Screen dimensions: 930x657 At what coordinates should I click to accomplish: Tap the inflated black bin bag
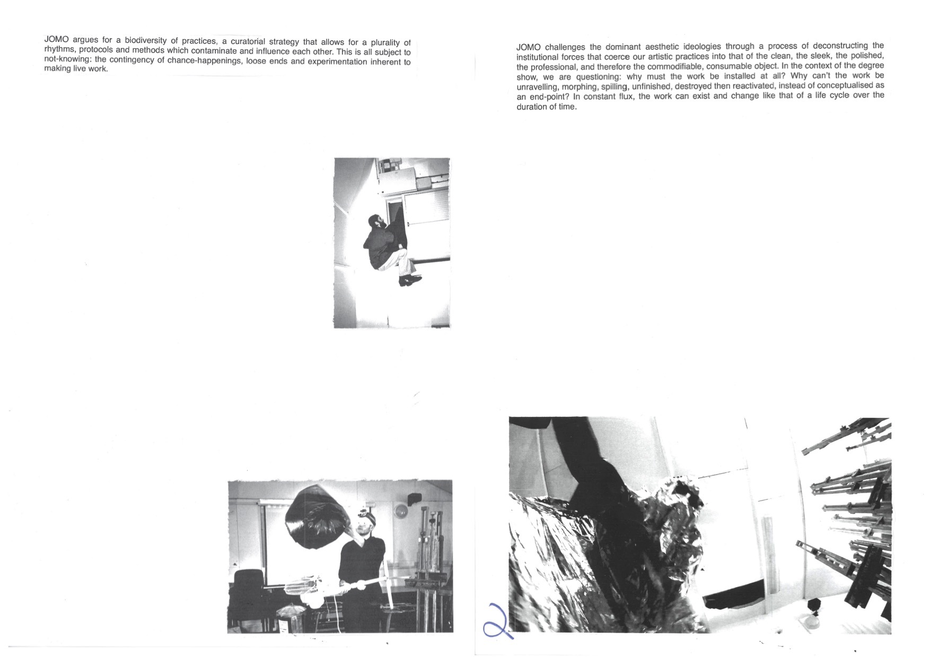tap(315, 516)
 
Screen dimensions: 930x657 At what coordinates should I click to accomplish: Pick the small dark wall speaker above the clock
tap(415, 498)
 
